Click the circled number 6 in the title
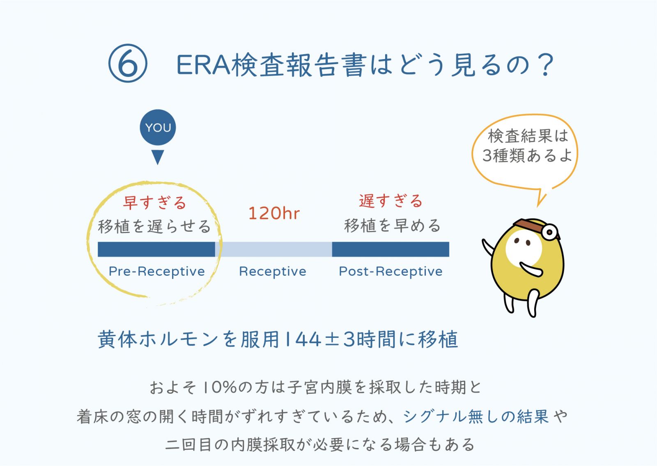coord(128,63)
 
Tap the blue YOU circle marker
coord(158,127)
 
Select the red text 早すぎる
coord(154,203)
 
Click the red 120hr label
coord(274,213)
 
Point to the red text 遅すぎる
coord(391,201)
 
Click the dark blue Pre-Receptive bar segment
coord(156,249)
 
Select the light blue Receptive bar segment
coord(273,249)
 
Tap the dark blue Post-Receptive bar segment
coord(391,249)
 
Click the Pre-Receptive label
coord(156,272)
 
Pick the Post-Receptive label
coord(391,272)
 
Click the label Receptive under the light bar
coord(273,272)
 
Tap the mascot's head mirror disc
coord(550,232)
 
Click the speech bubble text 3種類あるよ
coord(527,155)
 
